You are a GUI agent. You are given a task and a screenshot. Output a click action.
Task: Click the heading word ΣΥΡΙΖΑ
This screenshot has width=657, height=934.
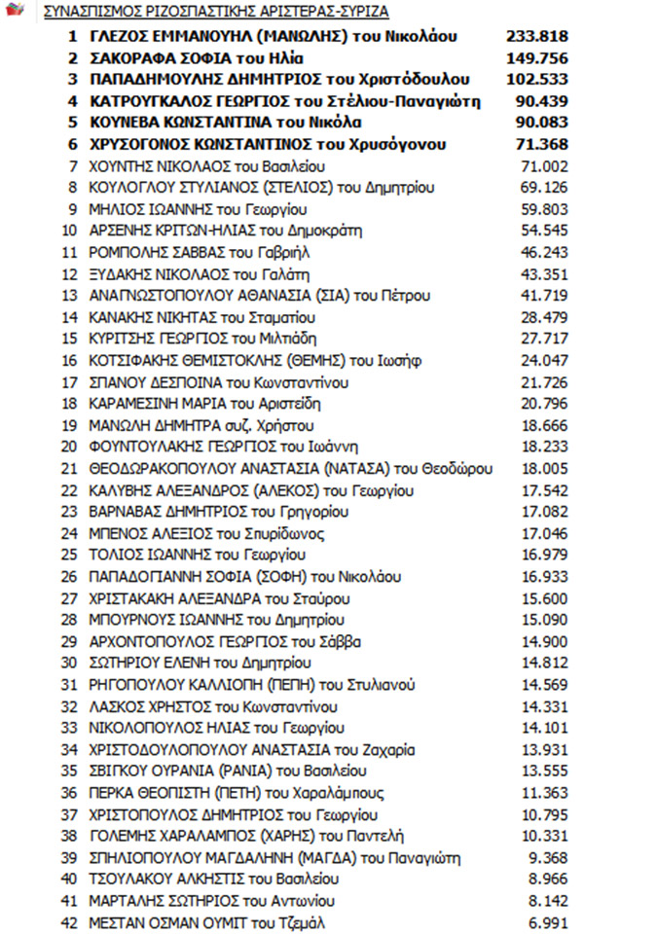tap(362, 13)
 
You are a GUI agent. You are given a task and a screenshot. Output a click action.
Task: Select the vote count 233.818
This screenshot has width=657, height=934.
tap(536, 37)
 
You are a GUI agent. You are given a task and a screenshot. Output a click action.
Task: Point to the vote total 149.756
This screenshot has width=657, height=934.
tap(536, 58)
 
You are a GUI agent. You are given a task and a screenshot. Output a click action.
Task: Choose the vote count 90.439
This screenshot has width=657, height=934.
tap(540, 101)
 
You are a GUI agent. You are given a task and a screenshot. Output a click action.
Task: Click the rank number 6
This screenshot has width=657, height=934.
tap(72, 144)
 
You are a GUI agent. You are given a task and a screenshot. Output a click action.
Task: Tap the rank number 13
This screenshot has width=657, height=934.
tap(69, 296)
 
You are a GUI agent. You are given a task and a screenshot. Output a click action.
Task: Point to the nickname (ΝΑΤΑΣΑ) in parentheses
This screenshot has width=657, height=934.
tap(354, 468)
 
